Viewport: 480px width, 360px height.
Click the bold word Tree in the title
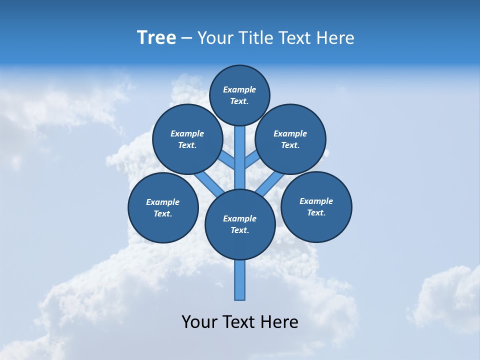(x=156, y=38)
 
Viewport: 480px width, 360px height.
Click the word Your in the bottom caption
(x=198, y=322)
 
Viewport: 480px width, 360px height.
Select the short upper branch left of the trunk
(x=227, y=160)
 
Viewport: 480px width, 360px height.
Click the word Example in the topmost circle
(x=239, y=89)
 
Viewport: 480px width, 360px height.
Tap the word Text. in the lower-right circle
(x=316, y=212)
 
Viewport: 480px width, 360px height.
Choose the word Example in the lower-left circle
(x=163, y=202)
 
